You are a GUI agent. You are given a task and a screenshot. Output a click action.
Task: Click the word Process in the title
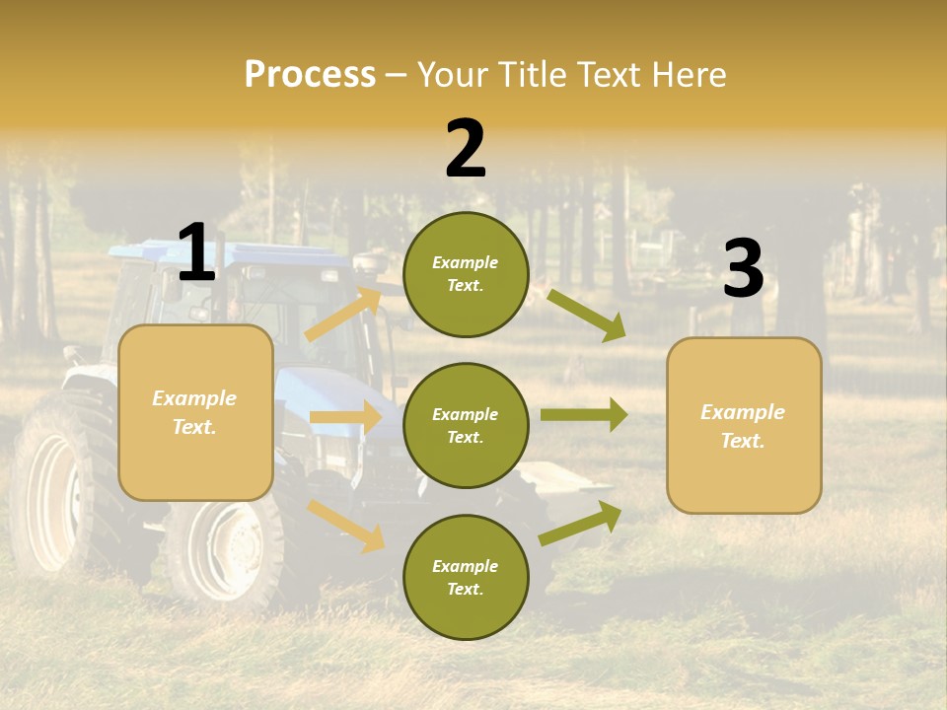point(310,75)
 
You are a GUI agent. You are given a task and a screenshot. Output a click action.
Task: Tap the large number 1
point(196,253)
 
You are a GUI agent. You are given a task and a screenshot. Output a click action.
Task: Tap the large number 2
point(466,149)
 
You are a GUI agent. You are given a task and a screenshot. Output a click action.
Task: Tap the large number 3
point(743,269)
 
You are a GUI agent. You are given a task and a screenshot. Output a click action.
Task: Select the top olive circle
point(466,274)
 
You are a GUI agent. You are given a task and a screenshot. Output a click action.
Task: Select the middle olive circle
point(466,425)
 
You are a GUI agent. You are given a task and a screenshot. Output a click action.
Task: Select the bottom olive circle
point(466,577)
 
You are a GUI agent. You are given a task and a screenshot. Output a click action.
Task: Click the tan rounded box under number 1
point(195,412)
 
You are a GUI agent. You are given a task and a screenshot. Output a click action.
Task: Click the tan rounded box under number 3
point(744,426)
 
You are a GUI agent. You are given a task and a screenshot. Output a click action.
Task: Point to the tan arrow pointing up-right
point(344,315)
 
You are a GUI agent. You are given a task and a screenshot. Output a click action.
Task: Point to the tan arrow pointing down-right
point(346,526)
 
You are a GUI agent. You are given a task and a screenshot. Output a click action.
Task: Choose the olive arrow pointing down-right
point(587,315)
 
